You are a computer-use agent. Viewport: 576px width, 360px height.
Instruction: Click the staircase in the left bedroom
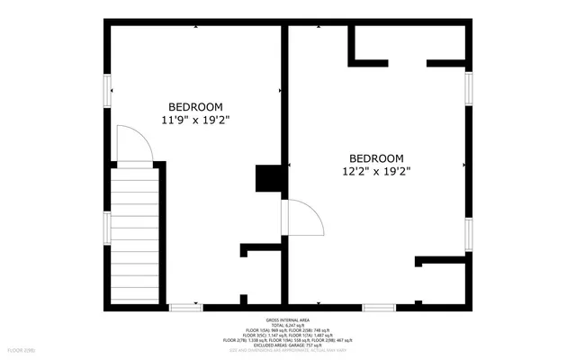133,237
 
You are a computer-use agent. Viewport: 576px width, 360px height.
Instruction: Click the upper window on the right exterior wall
468,88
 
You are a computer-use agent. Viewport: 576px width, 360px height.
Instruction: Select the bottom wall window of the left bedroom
186,307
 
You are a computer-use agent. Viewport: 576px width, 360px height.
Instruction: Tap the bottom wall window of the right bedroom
378,307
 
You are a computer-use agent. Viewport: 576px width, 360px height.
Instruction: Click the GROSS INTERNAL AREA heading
288,320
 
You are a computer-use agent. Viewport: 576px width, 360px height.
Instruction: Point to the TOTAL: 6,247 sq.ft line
288,326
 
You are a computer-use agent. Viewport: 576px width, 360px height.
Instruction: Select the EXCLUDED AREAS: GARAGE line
288,345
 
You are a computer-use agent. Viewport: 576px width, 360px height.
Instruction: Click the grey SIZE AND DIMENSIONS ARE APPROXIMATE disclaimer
288,350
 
